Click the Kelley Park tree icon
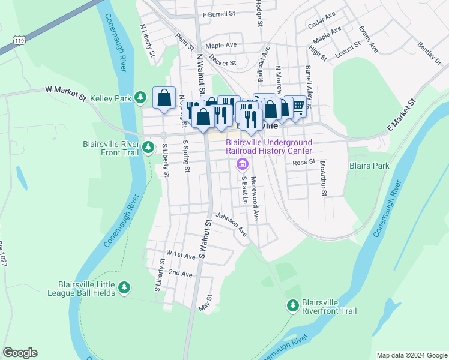click(x=140, y=97)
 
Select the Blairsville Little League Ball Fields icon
click(x=124, y=289)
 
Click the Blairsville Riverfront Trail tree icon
click(x=292, y=306)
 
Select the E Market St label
click(x=401, y=116)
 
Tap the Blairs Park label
click(x=369, y=166)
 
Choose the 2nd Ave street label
click(x=180, y=273)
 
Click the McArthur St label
click(x=323, y=178)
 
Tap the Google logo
click(x=20, y=353)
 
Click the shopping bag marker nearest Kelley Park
click(x=164, y=98)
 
